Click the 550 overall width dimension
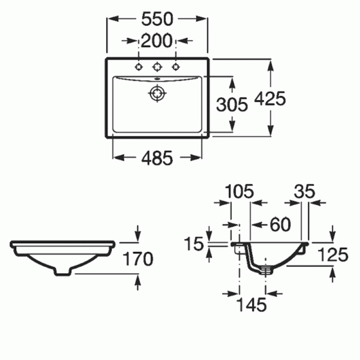(x=157, y=19)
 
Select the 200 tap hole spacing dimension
(x=156, y=40)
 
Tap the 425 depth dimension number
(x=270, y=98)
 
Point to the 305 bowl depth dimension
(x=232, y=104)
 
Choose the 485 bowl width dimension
(x=157, y=158)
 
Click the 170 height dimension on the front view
(x=138, y=259)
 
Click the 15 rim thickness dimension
(x=194, y=243)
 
